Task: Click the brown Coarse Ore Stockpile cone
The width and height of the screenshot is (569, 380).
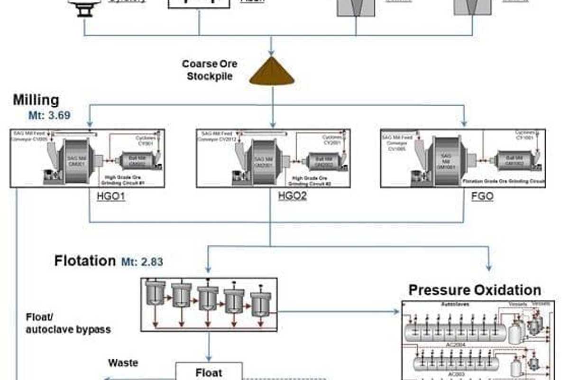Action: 272,73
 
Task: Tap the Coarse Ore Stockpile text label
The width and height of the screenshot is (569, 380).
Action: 209,70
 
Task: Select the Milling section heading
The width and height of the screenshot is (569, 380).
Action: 36,100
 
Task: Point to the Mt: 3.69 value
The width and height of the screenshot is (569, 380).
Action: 49,115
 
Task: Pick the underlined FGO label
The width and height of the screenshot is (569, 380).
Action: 482,196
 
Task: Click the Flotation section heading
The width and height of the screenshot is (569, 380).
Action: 85,260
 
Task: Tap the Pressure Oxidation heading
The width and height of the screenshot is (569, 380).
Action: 475,290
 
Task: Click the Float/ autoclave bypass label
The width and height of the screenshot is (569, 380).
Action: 68,323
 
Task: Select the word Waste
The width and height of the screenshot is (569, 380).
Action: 123,363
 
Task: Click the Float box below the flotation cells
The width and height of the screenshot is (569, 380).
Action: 209,372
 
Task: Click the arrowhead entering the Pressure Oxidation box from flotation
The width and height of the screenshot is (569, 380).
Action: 397,312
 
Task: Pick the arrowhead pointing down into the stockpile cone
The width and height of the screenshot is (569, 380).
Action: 272,53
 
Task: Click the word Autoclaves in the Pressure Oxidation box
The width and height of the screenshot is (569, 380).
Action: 456,304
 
